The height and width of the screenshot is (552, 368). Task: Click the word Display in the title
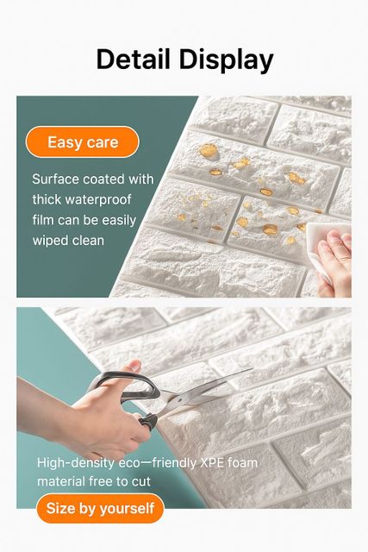point(227,60)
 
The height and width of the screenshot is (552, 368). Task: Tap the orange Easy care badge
point(83,141)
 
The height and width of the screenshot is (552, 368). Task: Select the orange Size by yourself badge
point(100,508)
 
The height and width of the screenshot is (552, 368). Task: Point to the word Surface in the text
point(55,179)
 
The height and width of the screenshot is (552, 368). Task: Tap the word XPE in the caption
point(212,462)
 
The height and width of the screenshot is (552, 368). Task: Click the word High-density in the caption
point(76,463)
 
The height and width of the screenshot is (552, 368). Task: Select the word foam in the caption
point(242,462)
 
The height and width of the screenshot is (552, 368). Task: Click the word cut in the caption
point(141,481)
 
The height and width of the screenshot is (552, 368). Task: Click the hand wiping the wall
point(334,262)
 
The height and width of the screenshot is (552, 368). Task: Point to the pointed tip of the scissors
point(251,369)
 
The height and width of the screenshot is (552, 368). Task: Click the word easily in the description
point(119,221)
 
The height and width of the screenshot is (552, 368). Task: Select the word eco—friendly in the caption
point(157,463)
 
